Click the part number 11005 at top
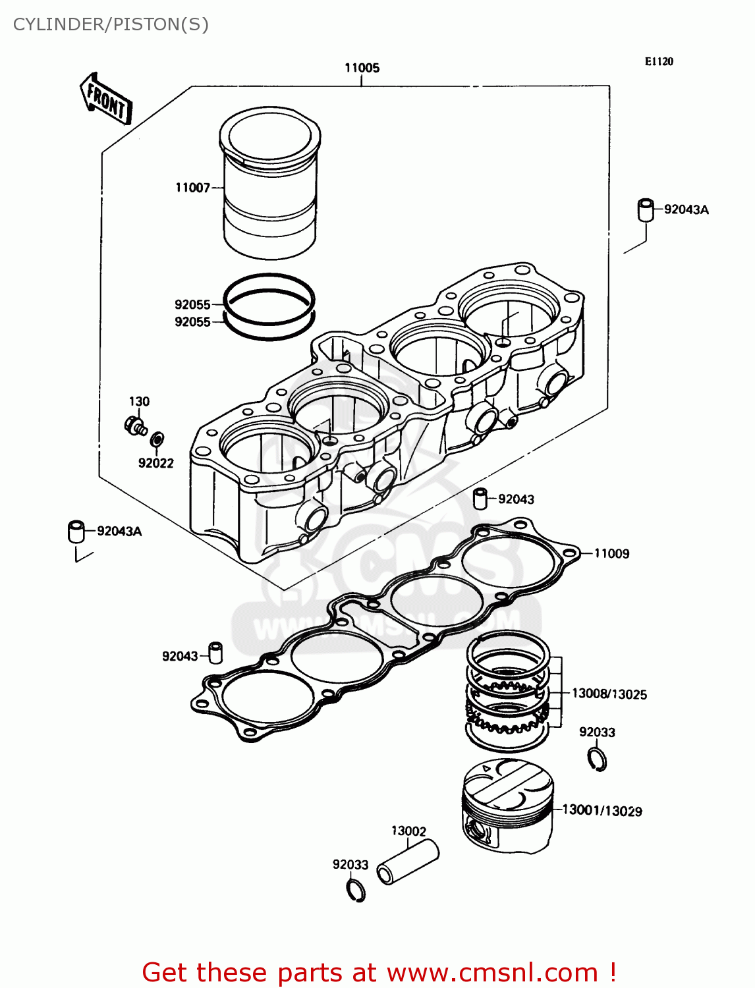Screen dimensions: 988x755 [x=362, y=68]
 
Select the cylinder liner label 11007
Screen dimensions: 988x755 [x=192, y=188]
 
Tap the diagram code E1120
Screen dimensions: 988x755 [x=658, y=61]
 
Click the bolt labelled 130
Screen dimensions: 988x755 [x=135, y=425]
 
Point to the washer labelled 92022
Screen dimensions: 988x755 [x=157, y=439]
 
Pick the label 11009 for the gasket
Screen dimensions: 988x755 [x=611, y=554]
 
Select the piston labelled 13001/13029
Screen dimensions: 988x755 [x=507, y=807]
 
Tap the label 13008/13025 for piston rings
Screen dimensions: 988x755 [x=609, y=694]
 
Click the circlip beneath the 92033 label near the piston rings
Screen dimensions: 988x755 [x=597, y=759]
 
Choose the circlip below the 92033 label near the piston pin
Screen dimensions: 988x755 [x=356, y=891]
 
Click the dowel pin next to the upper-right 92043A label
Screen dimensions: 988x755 [x=646, y=209]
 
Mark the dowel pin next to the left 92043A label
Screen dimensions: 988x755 [x=76, y=531]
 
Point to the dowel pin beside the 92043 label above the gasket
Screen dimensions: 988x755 [x=481, y=499]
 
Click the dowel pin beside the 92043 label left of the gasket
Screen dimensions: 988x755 [x=215, y=652]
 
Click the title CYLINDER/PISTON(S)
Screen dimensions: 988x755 [x=111, y=24]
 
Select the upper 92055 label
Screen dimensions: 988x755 [x=192, y=304]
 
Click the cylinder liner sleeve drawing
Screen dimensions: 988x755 [x=269, y=184]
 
